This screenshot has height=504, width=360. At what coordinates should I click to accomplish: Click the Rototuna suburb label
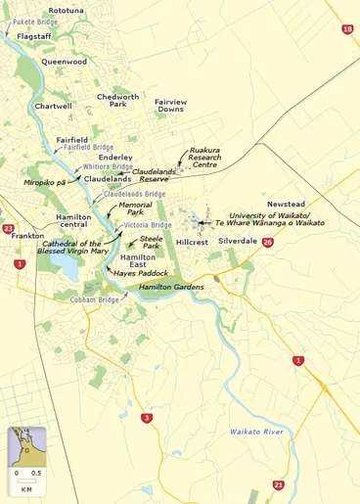(66, 10)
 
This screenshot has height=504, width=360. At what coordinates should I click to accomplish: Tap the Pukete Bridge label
(36, 21)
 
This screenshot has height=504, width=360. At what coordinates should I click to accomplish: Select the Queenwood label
(64, 61)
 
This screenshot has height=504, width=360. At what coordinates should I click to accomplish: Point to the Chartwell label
(53, 106)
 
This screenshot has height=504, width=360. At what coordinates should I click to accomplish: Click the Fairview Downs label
(170, 106)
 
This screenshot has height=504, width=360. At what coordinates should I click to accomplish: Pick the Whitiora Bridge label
(108, 167)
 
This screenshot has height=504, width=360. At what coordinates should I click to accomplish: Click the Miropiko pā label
(45, 182)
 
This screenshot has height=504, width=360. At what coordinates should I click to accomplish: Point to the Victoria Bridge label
(150, 224)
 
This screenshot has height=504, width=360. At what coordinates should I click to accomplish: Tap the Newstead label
(287, 204)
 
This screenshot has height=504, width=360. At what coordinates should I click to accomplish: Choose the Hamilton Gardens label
(171, 287)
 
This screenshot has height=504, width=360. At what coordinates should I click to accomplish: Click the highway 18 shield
(347, 30)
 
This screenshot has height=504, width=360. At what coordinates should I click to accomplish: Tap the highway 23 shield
(9, 229)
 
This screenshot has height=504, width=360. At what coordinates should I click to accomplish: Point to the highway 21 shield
(279, 484)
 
